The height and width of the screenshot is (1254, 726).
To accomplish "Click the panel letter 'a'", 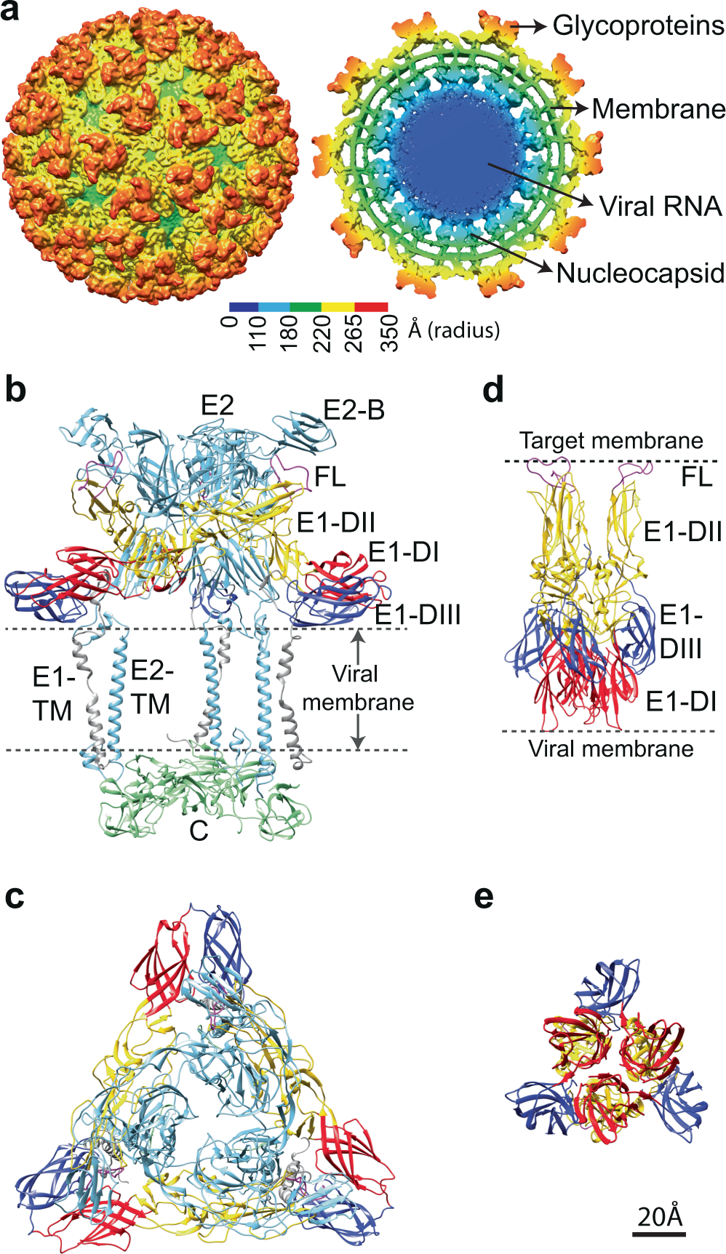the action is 10,12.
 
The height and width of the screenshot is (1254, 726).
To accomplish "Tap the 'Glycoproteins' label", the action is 638,25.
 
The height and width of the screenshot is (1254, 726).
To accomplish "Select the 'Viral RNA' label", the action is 661,207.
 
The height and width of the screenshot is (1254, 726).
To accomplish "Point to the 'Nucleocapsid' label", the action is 640,273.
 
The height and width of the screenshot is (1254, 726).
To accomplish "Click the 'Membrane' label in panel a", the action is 658,109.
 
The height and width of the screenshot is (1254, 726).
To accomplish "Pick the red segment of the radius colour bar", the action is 371,307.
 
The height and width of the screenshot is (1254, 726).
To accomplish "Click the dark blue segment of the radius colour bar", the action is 244,307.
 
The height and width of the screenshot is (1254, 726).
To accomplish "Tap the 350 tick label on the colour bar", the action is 389,333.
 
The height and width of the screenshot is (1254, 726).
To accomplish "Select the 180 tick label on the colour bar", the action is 290,333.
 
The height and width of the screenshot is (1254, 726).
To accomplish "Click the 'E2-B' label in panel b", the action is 354,411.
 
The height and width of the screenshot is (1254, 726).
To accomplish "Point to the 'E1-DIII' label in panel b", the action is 418,615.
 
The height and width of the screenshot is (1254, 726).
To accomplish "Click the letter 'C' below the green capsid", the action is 199,831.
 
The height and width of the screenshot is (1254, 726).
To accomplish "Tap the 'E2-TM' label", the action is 151,687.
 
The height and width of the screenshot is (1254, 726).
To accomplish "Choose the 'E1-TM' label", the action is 53,694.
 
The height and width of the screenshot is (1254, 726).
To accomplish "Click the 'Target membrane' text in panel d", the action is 611,441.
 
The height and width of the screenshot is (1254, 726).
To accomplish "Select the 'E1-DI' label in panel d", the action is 681,702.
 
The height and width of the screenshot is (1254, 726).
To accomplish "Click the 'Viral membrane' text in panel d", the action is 611,749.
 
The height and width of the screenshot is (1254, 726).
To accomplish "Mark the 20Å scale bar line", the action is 659,1234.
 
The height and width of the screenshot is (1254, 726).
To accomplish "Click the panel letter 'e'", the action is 483,898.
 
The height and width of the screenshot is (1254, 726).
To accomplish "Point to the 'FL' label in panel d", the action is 696,477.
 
